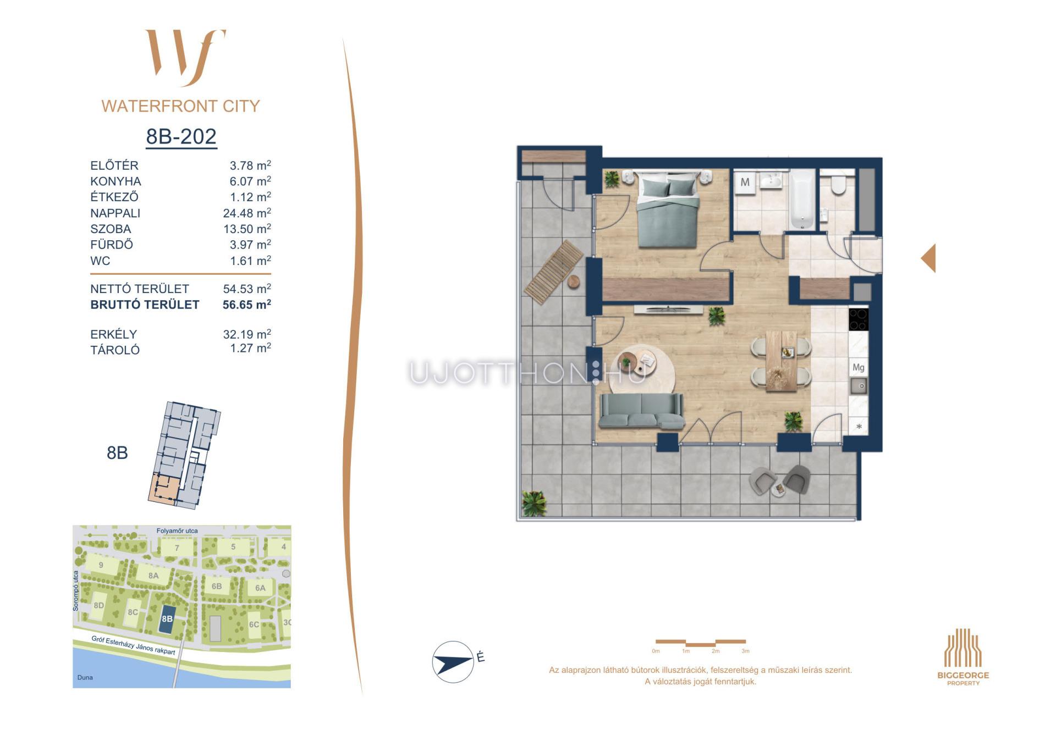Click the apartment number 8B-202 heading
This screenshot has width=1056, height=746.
click(181, 136)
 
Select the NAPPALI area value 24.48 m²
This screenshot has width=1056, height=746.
click(247, 213)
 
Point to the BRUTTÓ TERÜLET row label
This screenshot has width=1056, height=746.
click(145, 305)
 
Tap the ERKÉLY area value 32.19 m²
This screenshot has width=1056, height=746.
click(247, 334)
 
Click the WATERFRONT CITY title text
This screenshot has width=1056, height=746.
click(181, 106)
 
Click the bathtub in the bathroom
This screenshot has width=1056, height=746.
click(802, 199)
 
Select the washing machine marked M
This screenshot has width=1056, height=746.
click(745, 182)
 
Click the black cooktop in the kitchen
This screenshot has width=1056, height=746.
click(858, 319)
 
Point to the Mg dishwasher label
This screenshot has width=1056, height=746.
click(858, 367)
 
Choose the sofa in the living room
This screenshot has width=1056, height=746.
click(641, 411)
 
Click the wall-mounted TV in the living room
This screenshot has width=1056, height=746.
click(668, 310)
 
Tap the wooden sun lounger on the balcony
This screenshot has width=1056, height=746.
click(554, 271)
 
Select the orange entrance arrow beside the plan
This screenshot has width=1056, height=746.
click(928, 258)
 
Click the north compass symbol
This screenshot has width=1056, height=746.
click(453, 662)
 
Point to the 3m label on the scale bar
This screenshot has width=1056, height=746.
click(745, 651)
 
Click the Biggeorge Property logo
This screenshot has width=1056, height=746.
click(963, 657)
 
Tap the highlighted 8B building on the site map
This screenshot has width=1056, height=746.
click(167, 619)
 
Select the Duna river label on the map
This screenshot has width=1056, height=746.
click(85, 677)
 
